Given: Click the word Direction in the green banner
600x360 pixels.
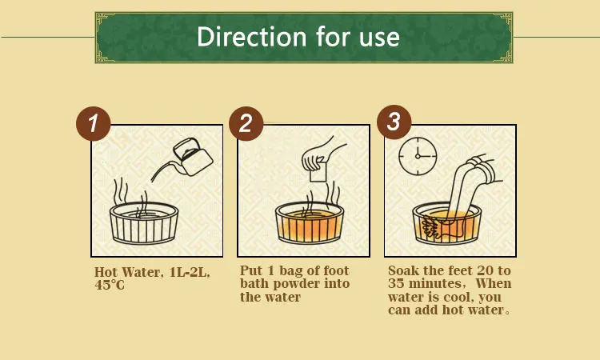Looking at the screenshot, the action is pyautogui.click(x=252, y=37).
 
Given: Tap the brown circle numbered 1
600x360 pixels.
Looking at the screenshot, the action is pyautogui.click(x=94, y=123).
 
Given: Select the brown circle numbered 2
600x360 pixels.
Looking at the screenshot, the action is pyautogui.click(x=246, y=123).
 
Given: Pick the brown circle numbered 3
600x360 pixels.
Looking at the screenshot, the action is pyautogui.click(x=394, y=122).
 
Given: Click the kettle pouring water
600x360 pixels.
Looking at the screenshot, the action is pyautogui.click(x=192, y=157).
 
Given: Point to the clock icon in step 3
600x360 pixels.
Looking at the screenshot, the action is pyautogui.click(x=418, y=156).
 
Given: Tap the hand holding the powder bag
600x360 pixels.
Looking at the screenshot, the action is pyautogui.click(x=321, y=154).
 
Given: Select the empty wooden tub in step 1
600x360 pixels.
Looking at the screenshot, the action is pyautogui.click(x=144, y=223).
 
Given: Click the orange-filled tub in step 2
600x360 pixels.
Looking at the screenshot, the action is pyautogui.click(x=310, y=223).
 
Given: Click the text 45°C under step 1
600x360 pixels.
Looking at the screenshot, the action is pyautogui.click(x=110, y=285).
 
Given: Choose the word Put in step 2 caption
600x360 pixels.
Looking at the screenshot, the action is pyautogui.click(x=251, y=270).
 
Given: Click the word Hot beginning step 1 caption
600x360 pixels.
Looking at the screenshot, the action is pyautogui.click(x=106, y=272).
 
